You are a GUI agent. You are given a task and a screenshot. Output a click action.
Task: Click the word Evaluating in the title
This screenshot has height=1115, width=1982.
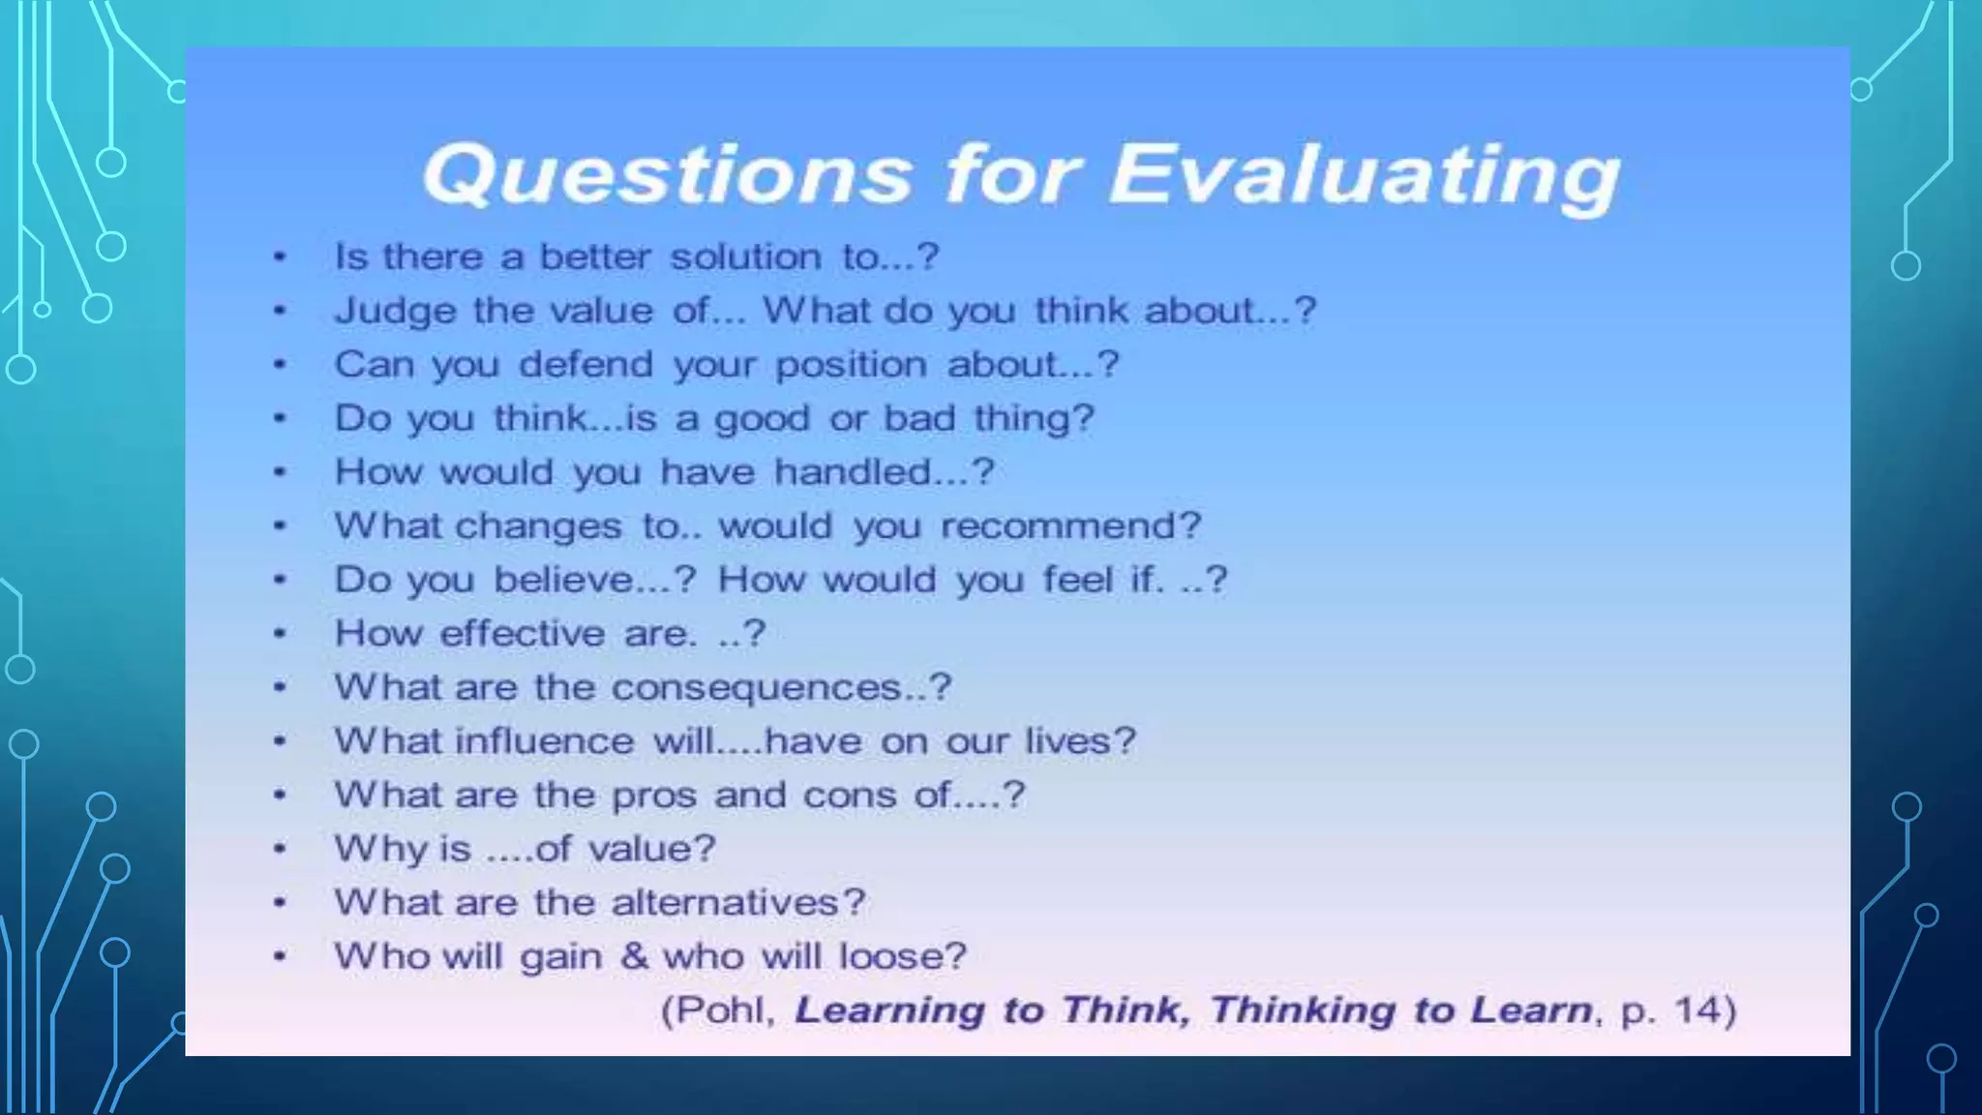pyautogui.click(x=1363, y=175)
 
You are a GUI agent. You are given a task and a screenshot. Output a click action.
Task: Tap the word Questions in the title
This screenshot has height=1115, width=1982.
pyautogui.click(x=667, y=175)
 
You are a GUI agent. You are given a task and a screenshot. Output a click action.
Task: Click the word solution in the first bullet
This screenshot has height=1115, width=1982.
pyautogui.click(x=745, y=257)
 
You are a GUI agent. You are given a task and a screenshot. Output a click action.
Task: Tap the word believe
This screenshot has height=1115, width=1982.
pyautogui.click(x=563, y=580)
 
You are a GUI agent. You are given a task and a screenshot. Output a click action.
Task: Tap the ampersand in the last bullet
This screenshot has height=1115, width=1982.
pyautogui.click(x=634, y=956)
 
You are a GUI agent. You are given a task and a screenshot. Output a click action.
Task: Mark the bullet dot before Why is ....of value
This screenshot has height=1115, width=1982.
pyautogui.click(x=280, y=849)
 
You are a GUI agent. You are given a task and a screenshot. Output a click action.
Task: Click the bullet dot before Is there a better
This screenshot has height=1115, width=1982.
pyautogui.click(x=280, y=257)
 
